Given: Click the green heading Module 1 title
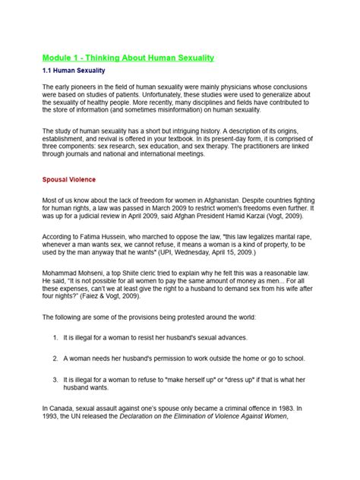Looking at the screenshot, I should (x=128, y=58).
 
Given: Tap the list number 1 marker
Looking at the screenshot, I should (x=56, y=336).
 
